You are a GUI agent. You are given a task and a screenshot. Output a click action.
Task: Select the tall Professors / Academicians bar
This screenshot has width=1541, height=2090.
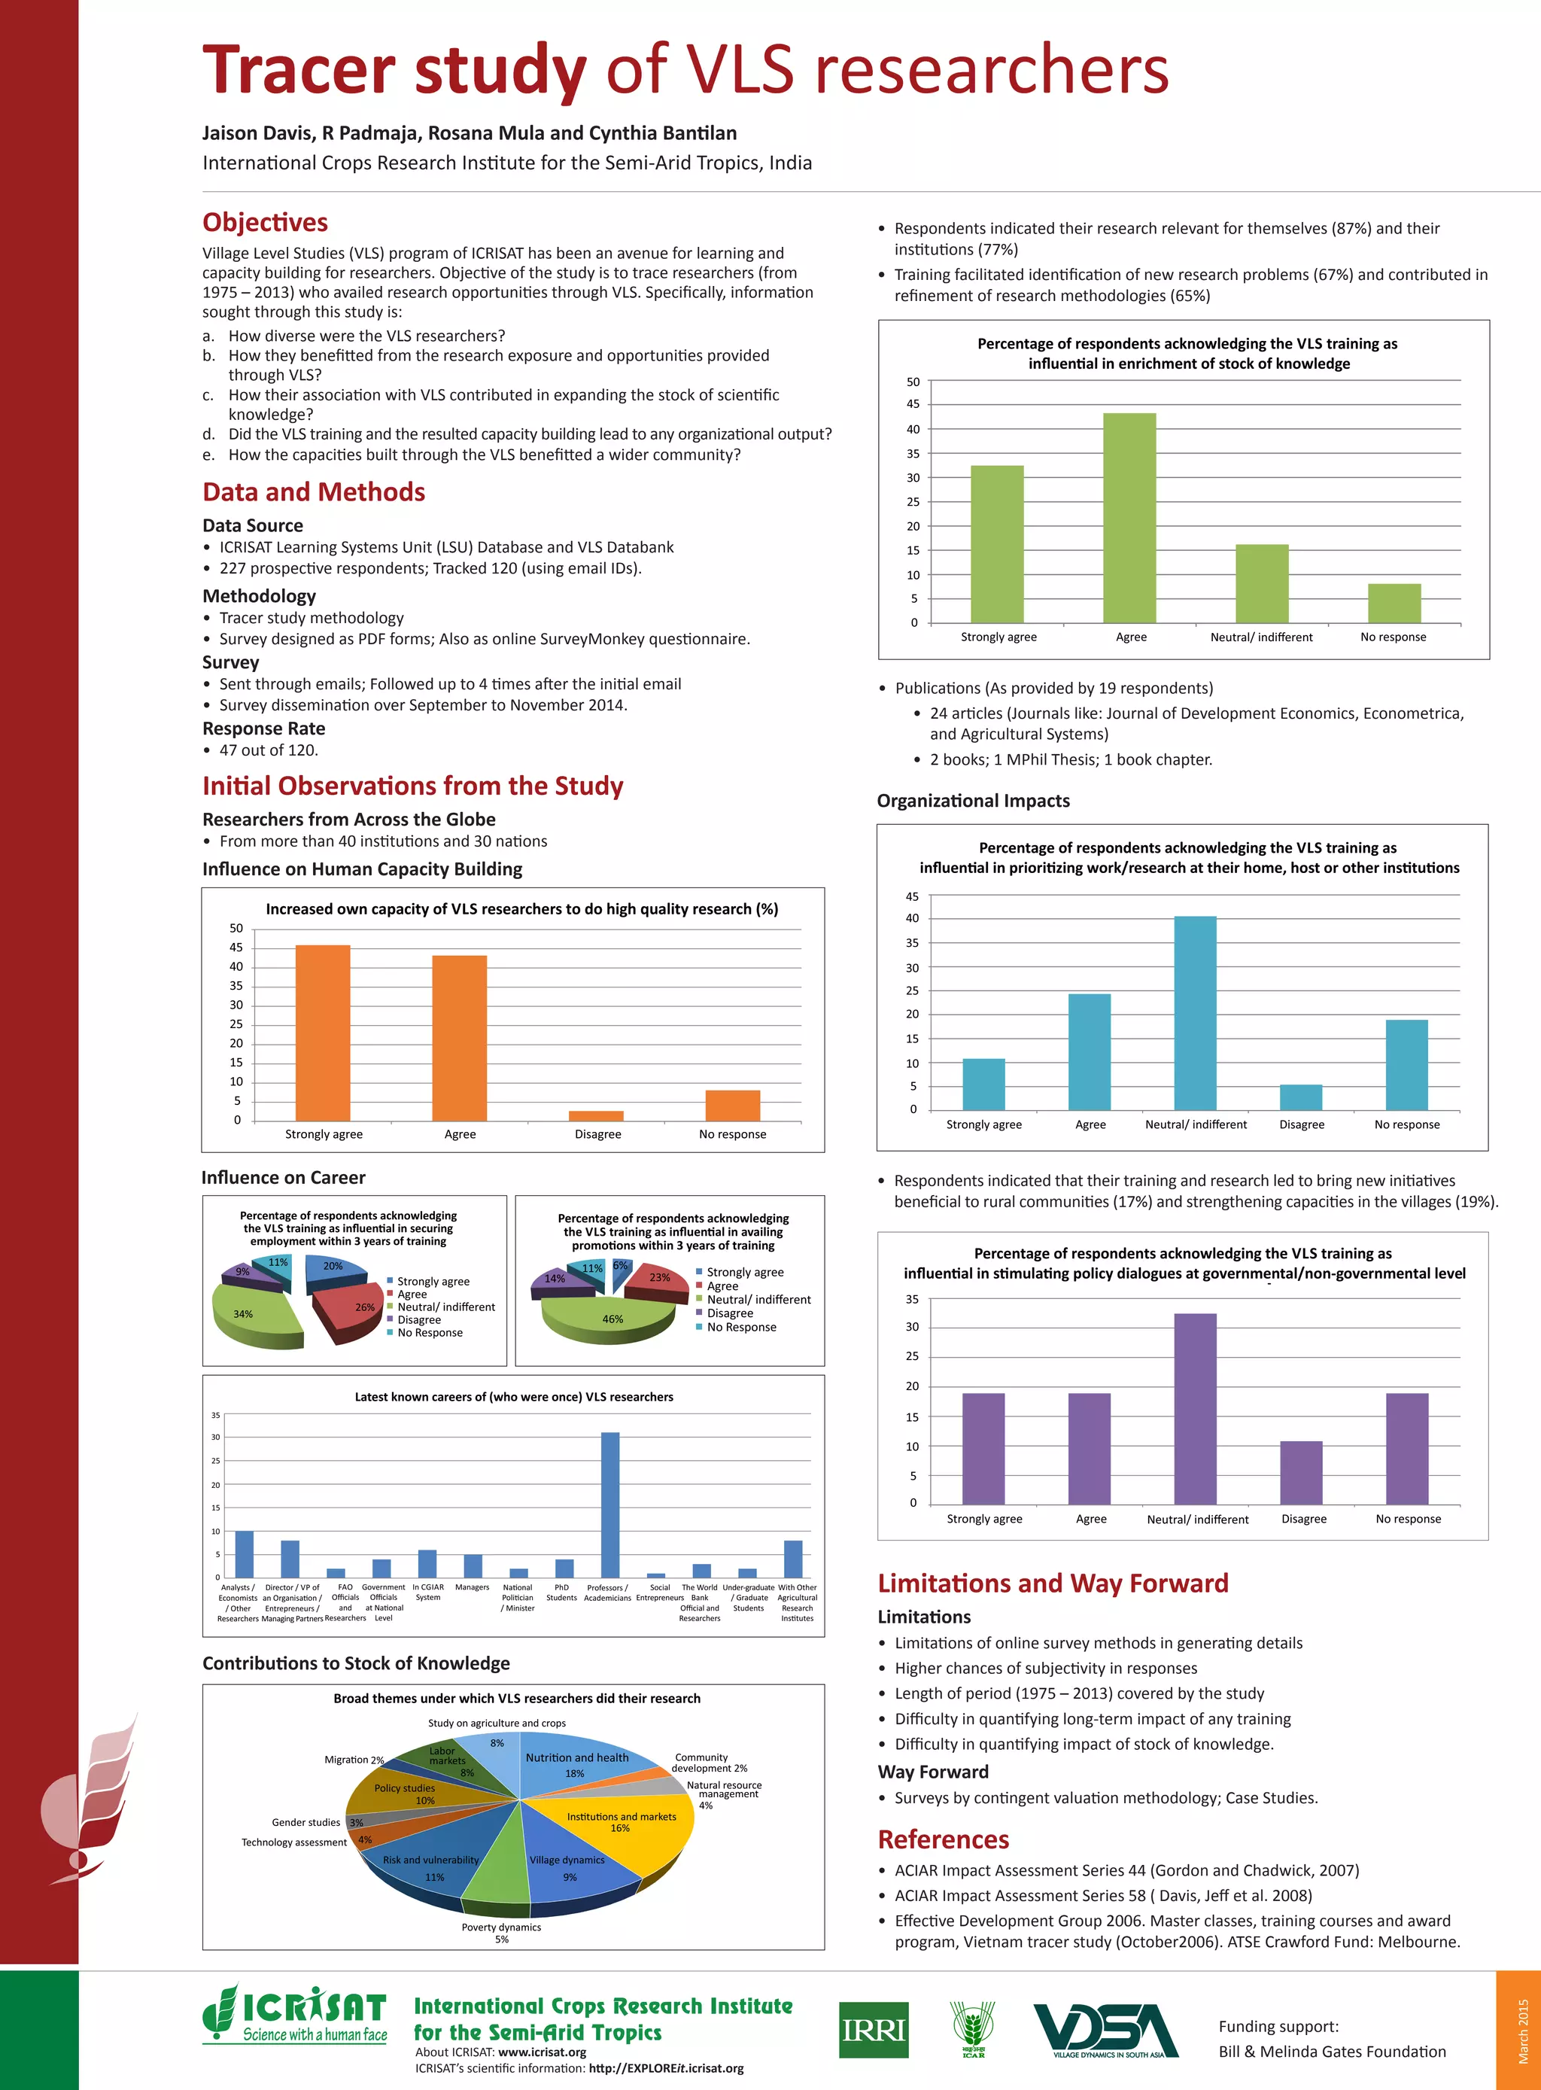(x=610, y=1504)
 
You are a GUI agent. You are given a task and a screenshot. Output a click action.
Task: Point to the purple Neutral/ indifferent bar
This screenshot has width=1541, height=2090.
(x=1195, y=1408)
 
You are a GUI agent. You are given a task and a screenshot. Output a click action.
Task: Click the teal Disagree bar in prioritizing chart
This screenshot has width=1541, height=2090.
(x=1300, y=1097)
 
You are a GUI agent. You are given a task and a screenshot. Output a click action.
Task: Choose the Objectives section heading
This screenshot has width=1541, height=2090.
(x=265, y=222)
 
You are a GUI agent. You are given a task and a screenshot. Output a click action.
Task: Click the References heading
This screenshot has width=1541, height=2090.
(x=943, y=1839)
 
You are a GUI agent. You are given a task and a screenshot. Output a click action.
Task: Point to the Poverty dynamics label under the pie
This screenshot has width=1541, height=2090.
(x=501, y=1927)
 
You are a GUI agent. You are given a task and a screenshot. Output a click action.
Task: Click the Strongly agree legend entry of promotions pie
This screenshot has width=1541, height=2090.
(x=744, y=1272)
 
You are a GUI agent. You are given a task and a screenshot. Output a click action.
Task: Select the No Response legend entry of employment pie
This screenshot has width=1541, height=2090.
(x=429, y=1332)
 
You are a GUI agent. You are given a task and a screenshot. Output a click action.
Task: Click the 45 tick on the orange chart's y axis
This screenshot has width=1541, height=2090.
(x=236, y=947)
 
